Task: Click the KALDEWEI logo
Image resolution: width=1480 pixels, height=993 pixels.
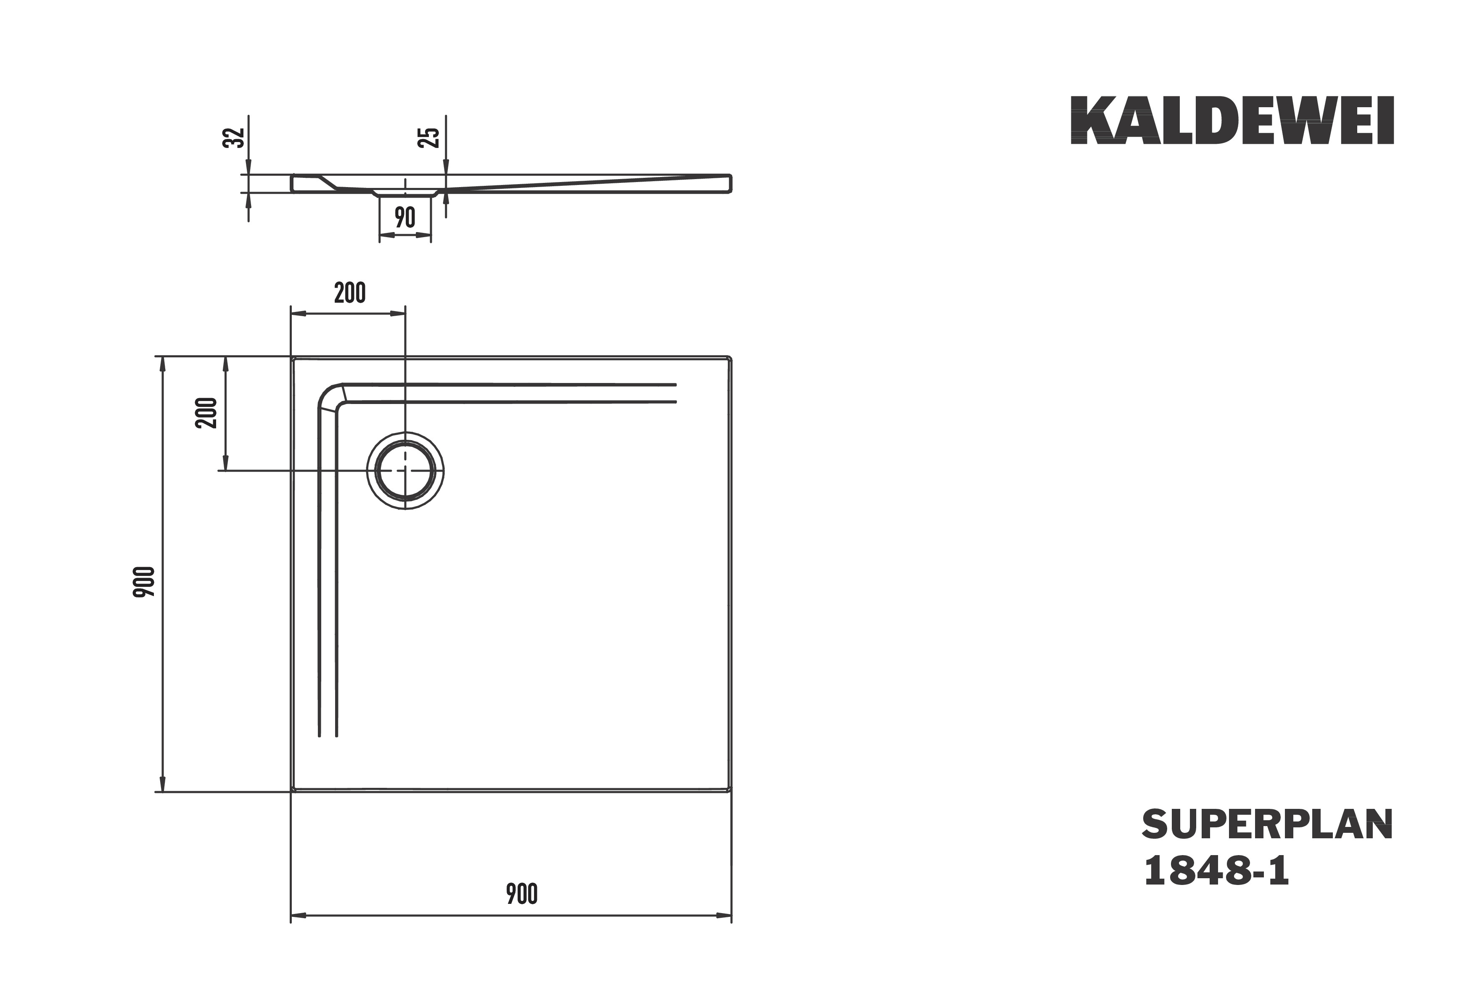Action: point(1232,120)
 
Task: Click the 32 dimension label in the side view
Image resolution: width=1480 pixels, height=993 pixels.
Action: point(234,137)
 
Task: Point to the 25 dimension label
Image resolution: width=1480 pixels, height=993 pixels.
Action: point(429,137)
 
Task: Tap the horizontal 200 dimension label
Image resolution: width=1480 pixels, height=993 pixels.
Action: point(349,293)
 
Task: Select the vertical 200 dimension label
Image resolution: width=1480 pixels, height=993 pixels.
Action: point(206,413)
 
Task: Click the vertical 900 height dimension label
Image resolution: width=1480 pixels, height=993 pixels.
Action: point(144,583)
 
